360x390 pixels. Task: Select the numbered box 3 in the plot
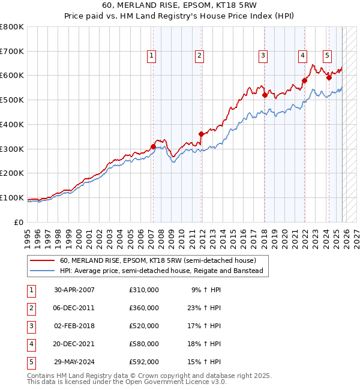tap(263, 56)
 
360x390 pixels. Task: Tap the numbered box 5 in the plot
tap(327, 56)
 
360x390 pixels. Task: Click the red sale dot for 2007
tap(153, 146)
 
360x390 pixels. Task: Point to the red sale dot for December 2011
tap(201, 134)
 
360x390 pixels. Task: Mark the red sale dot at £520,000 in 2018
tap(265, 94)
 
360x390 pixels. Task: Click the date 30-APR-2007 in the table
tap(74, 290)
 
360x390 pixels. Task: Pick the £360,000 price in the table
tap(143, 308)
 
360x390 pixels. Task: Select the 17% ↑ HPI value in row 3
tap(206, 326)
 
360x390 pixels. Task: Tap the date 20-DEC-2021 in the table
tap(74, 344)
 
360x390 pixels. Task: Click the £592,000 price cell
tap(143, 362)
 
